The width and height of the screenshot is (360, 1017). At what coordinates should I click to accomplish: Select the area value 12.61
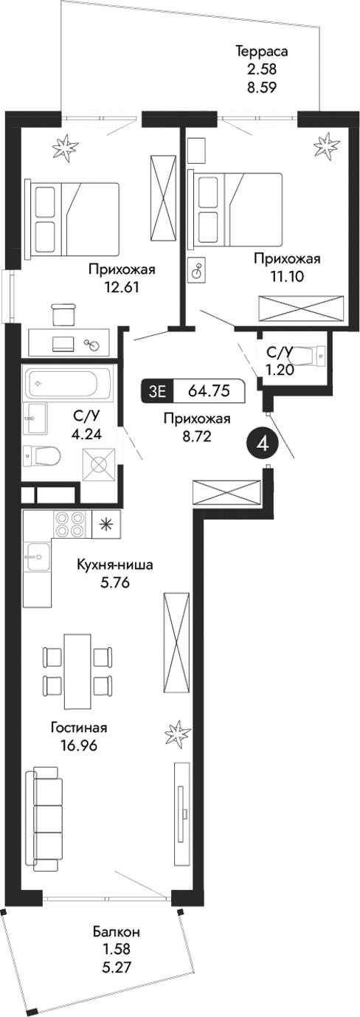(122, 287)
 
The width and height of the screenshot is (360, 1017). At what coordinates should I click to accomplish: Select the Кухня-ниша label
(115, 565)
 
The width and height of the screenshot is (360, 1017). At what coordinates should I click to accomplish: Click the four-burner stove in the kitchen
(70, 525)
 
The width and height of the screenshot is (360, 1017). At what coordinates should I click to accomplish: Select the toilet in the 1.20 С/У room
(316, 356)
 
